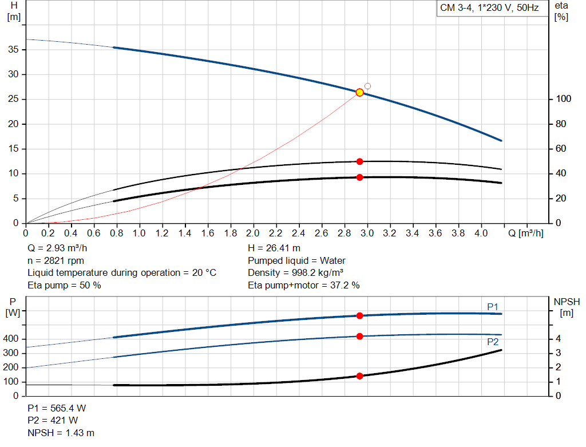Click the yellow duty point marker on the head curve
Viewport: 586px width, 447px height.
[359, 92]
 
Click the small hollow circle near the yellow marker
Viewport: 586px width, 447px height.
[367, 86]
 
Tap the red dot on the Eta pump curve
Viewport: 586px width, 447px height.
[359, 161]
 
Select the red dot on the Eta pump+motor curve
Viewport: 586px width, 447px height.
[359, 177]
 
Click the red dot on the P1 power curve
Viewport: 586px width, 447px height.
[359, 315]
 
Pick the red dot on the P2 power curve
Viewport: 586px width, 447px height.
[359, 336]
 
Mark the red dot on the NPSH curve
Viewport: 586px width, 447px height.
[359, 376]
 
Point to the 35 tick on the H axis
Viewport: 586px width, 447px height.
[14, 50]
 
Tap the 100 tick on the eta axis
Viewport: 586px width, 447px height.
[563, 99]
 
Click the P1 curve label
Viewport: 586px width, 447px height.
[493, 307]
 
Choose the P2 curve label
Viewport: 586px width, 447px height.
[493, 342]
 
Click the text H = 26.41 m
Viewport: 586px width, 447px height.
[274, 248]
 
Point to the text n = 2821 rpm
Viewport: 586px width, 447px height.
[56, 260]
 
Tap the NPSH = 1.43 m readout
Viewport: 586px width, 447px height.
[61, 433]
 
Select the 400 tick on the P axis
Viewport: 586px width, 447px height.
[13, 339]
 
